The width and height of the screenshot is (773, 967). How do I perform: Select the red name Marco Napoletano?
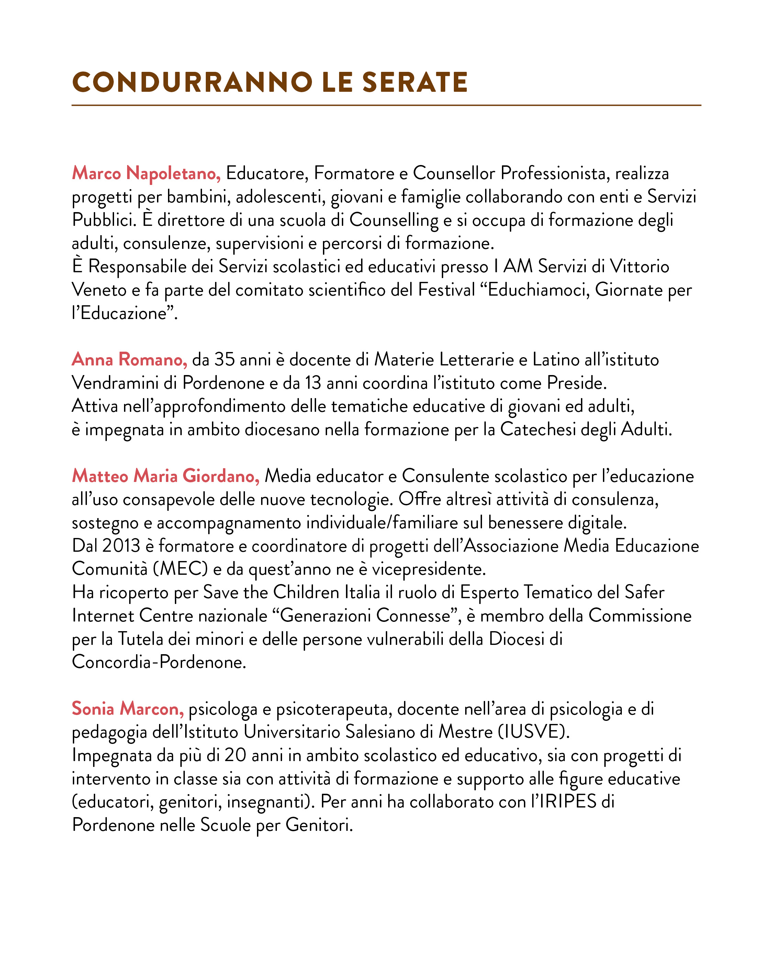(x=146, y=174)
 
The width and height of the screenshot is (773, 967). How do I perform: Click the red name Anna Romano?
(x=129, y=360)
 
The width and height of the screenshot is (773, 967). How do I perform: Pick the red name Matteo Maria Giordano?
(x=166, y=476)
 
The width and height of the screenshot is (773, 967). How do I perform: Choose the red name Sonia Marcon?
(x=128, y=709)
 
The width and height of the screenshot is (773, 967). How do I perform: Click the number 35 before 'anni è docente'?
(x=224, y=360)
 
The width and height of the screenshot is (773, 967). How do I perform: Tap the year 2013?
(x=121, y=546)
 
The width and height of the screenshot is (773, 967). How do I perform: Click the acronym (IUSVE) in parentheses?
(x=534, y=733)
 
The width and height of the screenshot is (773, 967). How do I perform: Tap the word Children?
(x=306, y=593)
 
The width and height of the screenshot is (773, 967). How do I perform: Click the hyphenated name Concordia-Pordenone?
(x=159, y=662)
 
